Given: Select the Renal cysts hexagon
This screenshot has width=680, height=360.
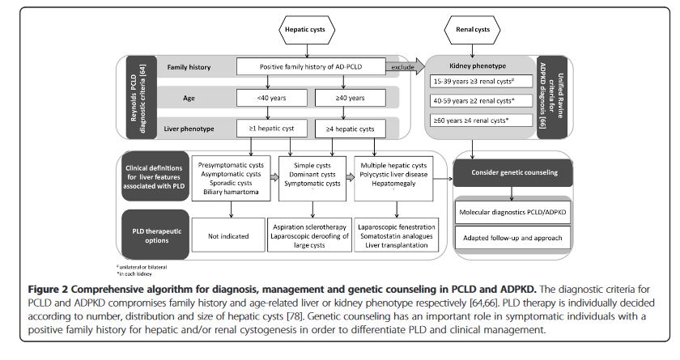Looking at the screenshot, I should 473,29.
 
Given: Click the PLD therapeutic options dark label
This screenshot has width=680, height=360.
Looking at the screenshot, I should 154,235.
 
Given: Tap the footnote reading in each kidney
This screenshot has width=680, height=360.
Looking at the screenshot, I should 138,272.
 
